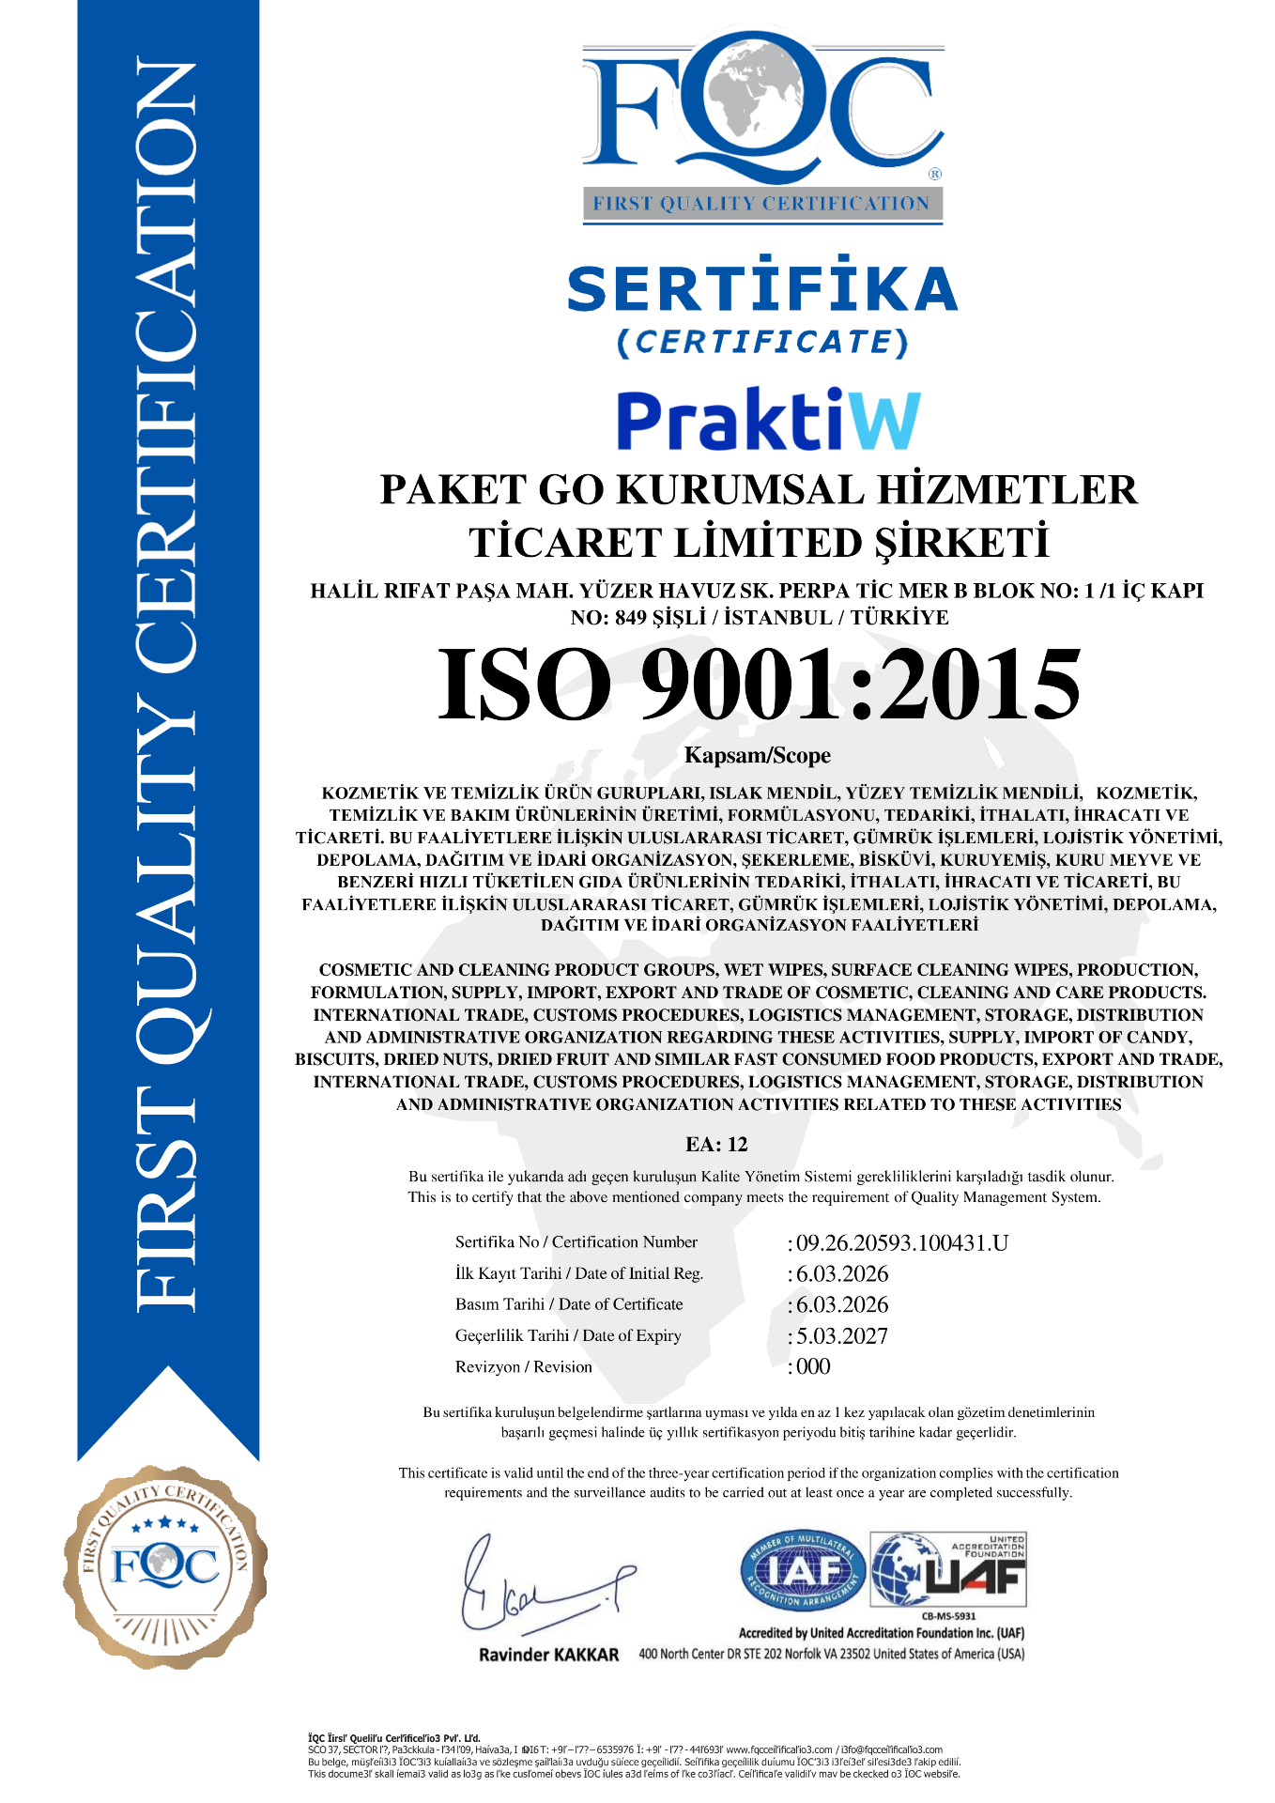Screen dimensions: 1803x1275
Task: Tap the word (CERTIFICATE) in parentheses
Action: (762, 342)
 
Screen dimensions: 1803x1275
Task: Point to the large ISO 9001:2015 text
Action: (759, 685)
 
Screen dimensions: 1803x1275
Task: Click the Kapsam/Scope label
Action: (758, 756)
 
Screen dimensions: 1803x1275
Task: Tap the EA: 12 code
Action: (716, 1144)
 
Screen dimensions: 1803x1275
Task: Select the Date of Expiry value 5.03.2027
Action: (842, 1336)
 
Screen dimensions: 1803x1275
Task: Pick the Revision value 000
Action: (813, 1367)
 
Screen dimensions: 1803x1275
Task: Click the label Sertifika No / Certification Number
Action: (576, 1242)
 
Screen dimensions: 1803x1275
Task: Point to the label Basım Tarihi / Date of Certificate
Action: (569, 1304)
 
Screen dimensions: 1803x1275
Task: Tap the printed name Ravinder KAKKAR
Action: (548, 1655)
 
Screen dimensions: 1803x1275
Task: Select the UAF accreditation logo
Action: (948, 1570)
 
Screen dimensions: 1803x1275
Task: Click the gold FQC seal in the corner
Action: (165, 1566)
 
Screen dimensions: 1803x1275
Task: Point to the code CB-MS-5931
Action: (948, 1616)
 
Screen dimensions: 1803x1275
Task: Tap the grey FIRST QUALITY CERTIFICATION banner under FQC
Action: (761, 204)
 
